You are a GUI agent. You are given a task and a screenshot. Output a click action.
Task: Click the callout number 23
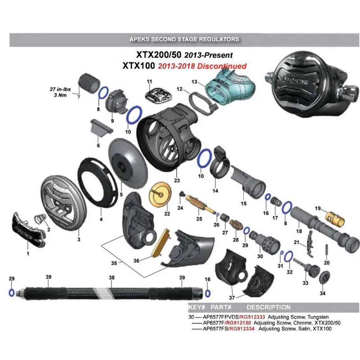[177, 180]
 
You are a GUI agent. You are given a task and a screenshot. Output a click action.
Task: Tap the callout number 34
[323, 293]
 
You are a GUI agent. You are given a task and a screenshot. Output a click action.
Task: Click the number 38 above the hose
[112, 278]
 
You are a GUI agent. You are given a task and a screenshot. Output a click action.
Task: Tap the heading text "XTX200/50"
[159, 55]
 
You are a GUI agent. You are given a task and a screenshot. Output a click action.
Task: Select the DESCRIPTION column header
[268, 307]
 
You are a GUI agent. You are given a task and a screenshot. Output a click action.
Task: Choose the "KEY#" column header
[197, 307]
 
